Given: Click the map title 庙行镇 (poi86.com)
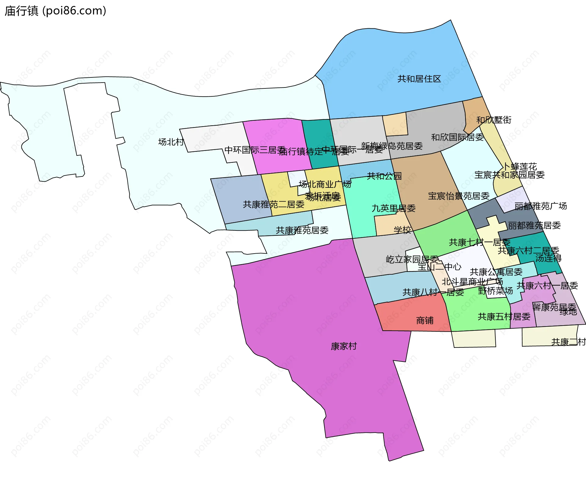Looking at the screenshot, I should pyautogui.click(x=55, y=11).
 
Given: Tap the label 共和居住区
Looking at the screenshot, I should pyautogui.click(x=419, y=79).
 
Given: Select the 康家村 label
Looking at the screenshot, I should pyautogui.click(x=344, y=346).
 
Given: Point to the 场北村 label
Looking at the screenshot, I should pyautogui.click(x=171, y=142).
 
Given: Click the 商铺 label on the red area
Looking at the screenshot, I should pyautogui.click(x=425, y=320).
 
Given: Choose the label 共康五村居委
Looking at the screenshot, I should pyautogui.click(x=504, y=317).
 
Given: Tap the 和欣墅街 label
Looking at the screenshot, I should pyautogui.click(x=494, y=120).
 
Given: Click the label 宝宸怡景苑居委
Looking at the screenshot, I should pyautogui.click(x=458, y=196).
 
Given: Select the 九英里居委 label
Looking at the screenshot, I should pyautogui.click(x=393, y=208).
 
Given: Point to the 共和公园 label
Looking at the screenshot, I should pyautogui.click(x=384, y=176).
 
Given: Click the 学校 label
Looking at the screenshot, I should pyautogui.click(x=402, y=230).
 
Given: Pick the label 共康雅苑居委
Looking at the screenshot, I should pyautogui.click(x=302, y=230).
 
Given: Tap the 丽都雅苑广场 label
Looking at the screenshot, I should pyautogui.click(x=540, y=206).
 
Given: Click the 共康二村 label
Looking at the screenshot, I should pyautogui.click(x=568, y=342).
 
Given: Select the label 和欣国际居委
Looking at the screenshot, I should pyautogui.click(x=457, y=137).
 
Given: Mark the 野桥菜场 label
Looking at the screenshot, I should pyautogui.click(x=495, y=290).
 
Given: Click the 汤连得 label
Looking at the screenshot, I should pyautogui.click(x=548, y=258).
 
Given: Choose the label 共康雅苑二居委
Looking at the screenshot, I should pyautogui.click(x=273, y=204).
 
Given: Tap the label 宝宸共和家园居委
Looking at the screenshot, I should pyautogui.click(x=509, y=175).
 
